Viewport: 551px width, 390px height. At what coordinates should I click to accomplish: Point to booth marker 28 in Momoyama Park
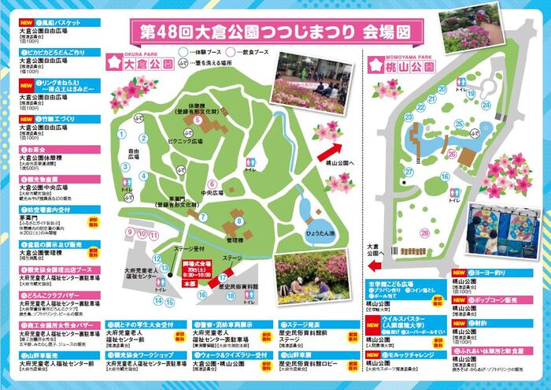[x=425, y=232]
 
